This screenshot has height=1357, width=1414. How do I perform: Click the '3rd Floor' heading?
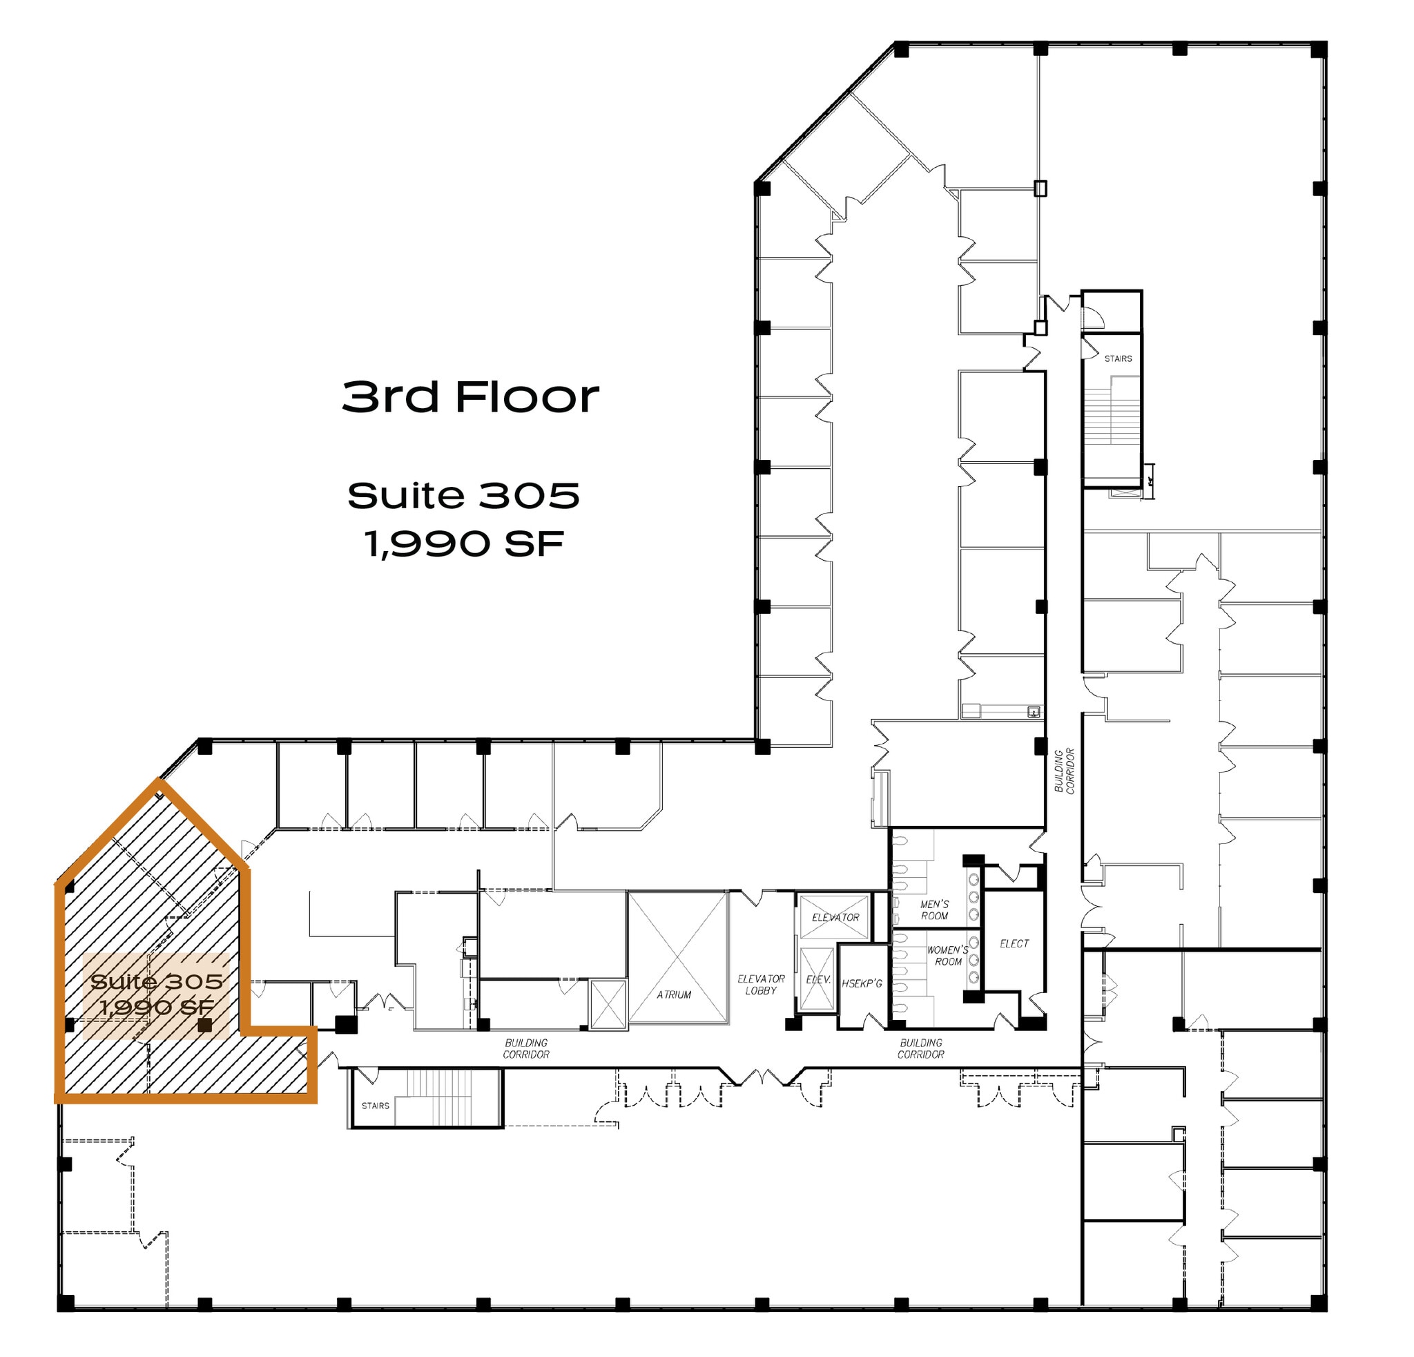[470, 396]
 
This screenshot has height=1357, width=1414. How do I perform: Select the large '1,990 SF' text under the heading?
[464, 544]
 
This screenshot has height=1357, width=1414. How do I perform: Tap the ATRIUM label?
[674, 994]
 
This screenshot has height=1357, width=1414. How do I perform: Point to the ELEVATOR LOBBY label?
[761, 984]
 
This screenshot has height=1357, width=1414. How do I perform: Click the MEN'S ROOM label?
[934, 910]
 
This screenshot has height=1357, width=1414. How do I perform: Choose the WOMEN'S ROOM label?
[948, 955]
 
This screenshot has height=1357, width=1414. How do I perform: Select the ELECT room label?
[1014, 943]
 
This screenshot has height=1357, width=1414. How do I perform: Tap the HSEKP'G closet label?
[862, 983]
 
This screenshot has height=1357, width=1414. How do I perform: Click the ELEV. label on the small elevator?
[818, 980]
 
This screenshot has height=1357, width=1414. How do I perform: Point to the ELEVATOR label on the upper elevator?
[835, 917]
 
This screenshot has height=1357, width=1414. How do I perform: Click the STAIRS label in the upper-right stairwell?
[1118, 358]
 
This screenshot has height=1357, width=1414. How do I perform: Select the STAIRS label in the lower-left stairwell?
[375, 1105]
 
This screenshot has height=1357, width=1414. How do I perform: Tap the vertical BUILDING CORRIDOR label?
[1064, 771]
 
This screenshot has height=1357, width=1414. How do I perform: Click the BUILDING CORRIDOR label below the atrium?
[526, 1048]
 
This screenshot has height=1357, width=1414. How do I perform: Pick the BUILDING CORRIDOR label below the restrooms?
[920, 1048]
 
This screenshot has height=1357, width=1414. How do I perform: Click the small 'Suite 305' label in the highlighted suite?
[157, 981]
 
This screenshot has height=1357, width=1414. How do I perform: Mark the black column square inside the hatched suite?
[205, 1024]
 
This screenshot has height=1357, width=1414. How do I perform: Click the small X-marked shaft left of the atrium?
[608, 1003]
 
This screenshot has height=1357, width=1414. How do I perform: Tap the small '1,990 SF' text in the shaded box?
[157, 1007]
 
